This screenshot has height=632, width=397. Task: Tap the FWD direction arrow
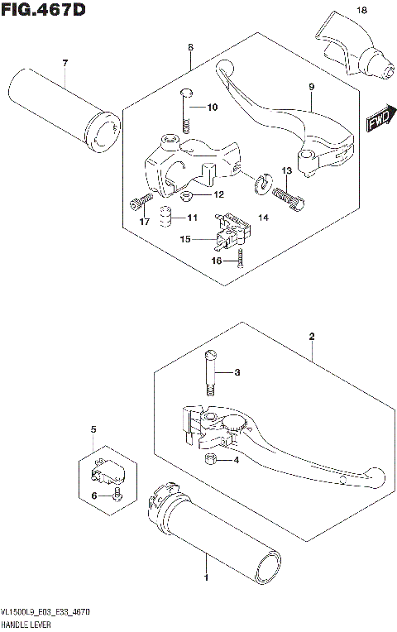coord(379,122)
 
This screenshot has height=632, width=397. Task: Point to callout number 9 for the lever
coord(311,86)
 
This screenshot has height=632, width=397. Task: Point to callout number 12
coord(219,195)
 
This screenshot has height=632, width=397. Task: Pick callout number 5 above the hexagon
coord(93,430)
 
